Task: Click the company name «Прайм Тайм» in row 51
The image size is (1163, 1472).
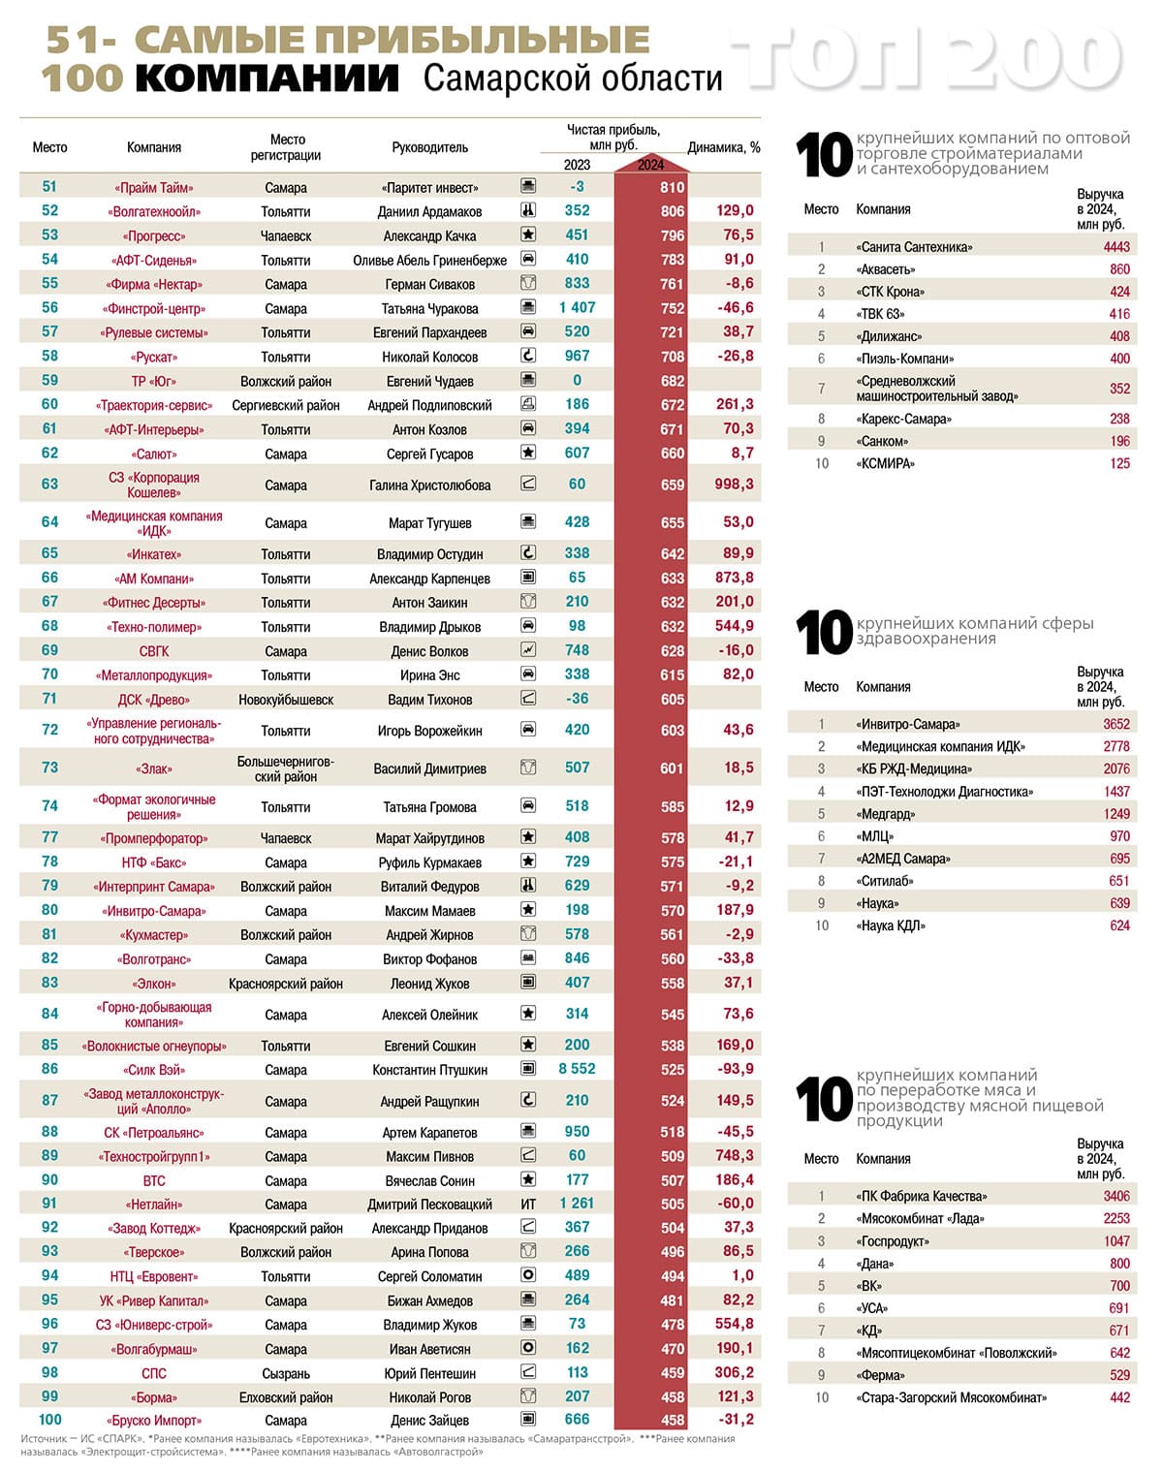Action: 154,188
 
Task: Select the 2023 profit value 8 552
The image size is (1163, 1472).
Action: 577,1069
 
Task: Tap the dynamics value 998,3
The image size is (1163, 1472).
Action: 735,485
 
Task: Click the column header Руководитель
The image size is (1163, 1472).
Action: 429,147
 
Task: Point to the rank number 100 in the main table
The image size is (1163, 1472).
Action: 50,1420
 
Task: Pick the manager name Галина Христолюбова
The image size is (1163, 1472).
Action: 429,485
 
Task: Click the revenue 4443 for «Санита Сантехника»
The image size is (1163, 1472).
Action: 1116,247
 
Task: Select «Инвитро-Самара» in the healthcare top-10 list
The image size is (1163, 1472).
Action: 907,725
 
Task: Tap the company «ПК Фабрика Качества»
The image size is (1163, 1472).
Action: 921,1197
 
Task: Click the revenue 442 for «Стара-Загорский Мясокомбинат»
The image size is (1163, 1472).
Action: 1119,1398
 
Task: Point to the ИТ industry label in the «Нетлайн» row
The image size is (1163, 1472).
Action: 528,1205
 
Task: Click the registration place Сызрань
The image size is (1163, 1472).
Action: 286,1373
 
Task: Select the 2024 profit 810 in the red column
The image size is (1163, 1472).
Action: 673,188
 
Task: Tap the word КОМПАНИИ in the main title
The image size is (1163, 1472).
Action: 267,78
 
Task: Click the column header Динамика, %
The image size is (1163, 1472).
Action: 724,148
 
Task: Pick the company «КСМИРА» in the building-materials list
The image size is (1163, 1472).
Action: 885,464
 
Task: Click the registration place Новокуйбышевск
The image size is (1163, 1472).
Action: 286,700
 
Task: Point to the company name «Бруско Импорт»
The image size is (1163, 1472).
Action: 154,1421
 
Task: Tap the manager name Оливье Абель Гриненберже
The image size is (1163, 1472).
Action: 429,261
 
